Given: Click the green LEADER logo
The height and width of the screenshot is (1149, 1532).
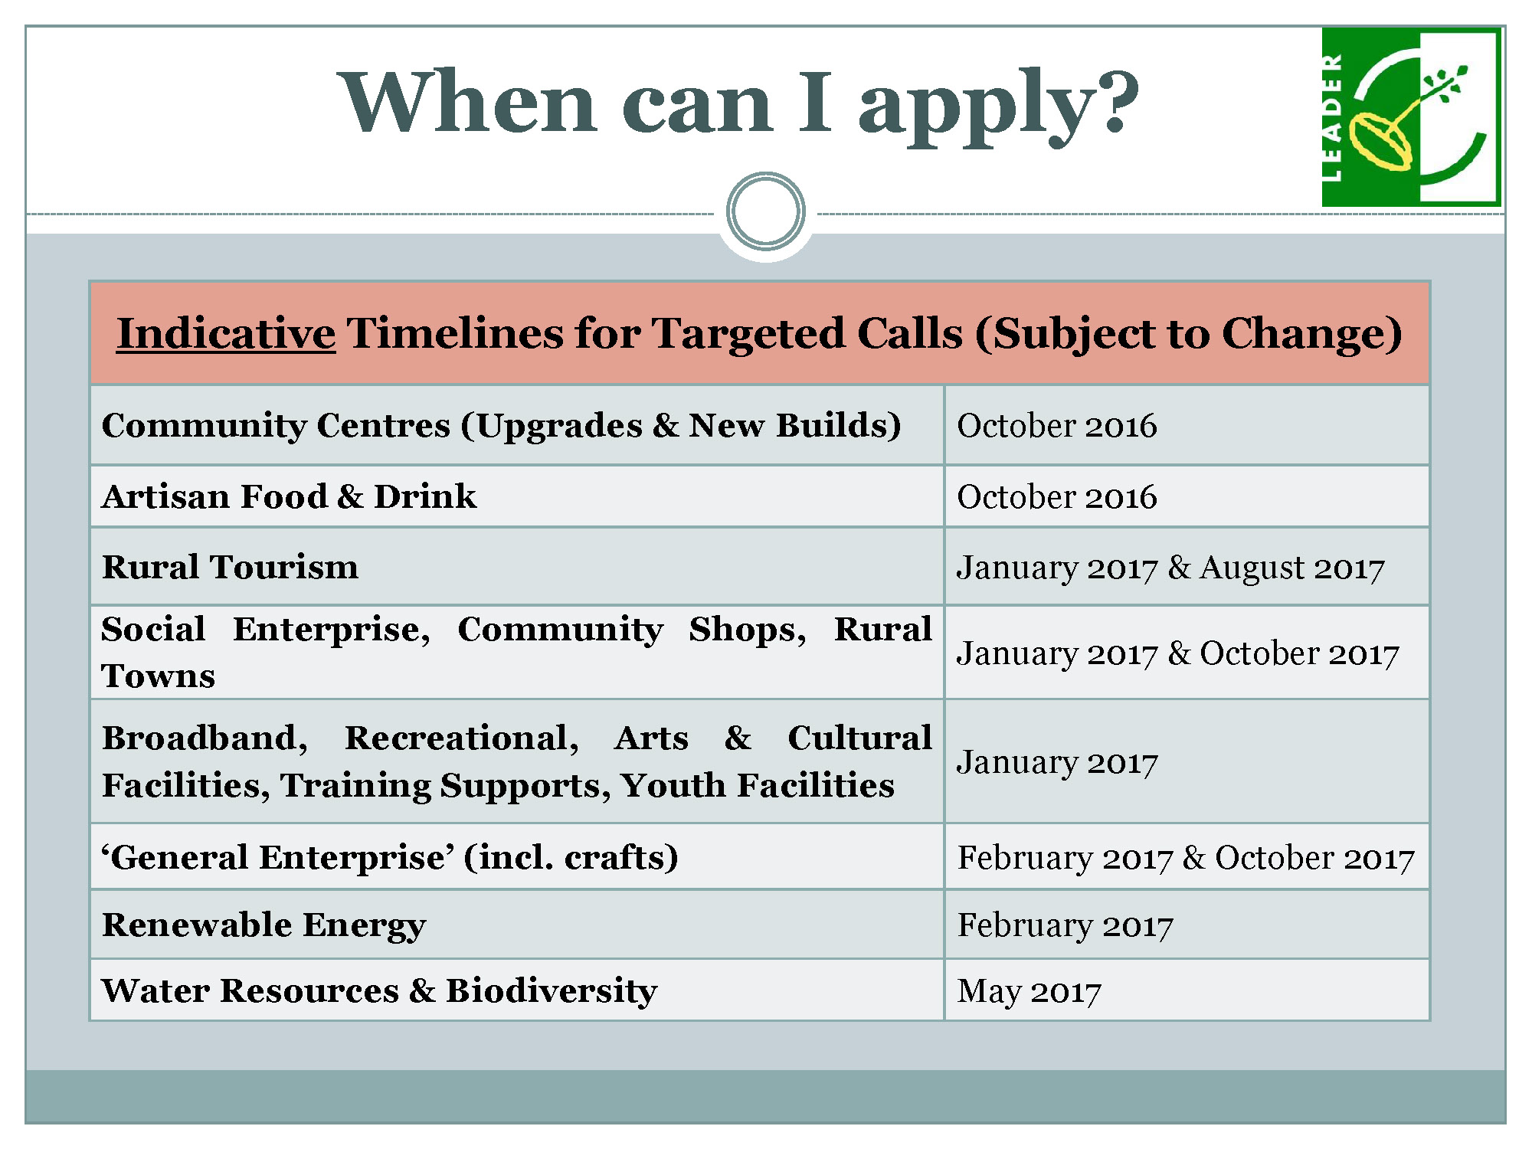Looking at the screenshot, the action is coord(1411,117).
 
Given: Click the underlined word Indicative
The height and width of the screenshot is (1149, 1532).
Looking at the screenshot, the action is coord(226,334).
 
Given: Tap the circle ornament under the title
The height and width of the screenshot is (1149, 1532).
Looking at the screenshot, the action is coord(766,211).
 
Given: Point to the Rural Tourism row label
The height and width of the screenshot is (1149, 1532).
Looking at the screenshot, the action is coord(231,568).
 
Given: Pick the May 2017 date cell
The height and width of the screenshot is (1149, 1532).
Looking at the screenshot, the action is coord(1030,991).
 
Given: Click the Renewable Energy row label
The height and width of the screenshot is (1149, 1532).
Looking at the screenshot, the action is coord(264,925).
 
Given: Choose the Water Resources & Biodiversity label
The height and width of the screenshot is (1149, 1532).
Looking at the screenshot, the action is coord(379,991).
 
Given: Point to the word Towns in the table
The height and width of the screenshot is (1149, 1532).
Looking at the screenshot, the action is coord(159,676).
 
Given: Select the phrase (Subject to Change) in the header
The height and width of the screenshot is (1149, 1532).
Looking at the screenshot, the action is coord(1188,335).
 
